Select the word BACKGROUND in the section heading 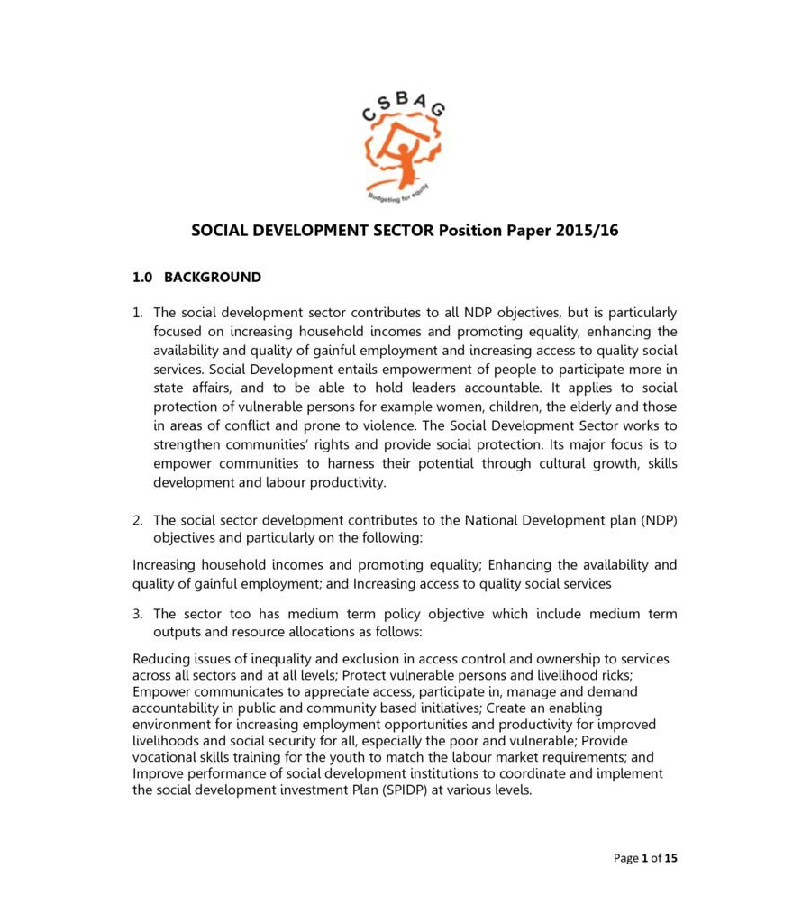tap(213, 278)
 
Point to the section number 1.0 tap(144, 278)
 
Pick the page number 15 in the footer tap(670, 858)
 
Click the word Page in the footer tap(625, 858)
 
